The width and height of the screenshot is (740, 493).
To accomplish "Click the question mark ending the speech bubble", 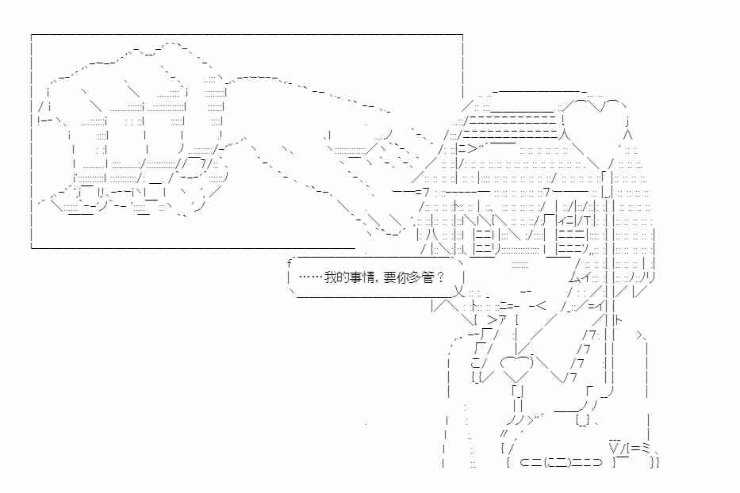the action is [441, 277].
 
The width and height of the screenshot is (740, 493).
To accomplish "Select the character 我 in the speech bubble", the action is [330, 277].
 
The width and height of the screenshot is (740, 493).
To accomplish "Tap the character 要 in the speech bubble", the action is [389, 277].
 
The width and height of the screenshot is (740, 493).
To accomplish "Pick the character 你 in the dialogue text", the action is [402, 277].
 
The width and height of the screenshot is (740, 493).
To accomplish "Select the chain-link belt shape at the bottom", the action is [561, 462].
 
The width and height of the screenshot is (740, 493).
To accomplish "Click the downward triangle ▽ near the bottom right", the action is [614, 445].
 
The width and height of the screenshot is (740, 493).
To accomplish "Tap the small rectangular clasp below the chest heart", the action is [518, 391].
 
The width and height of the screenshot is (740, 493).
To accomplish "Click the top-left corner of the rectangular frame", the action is [32, 34].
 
